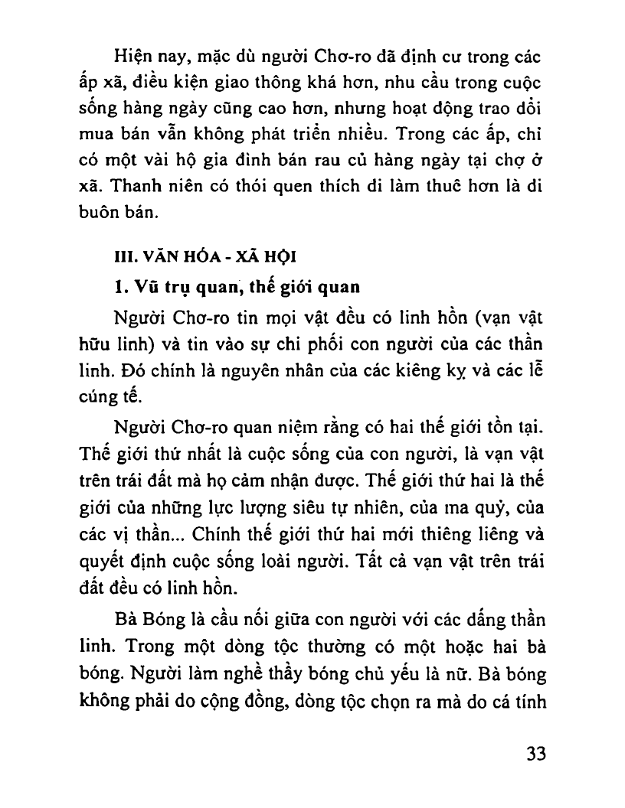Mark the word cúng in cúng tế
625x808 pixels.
pyautogui.click(x=97, y=396)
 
